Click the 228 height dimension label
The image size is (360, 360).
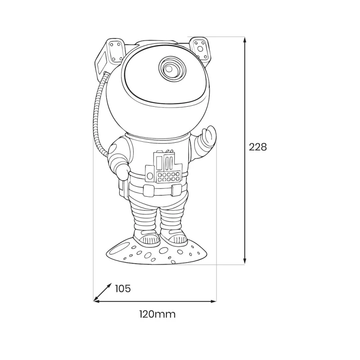[258, 147]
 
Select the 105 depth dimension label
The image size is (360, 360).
[122, 288]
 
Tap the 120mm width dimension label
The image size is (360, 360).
[157, 314]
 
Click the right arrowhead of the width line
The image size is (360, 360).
[213, 301]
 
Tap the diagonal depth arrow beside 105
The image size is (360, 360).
[103, 292]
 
